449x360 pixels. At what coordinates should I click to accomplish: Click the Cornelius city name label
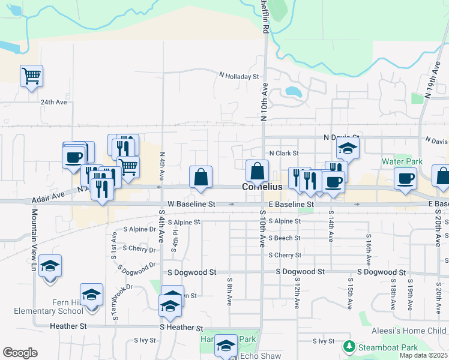262,187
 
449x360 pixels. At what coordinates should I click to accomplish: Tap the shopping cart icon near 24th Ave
31,76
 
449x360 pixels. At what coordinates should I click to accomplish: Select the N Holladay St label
239,76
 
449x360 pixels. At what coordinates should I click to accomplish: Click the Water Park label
402,161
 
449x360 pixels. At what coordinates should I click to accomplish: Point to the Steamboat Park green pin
348,347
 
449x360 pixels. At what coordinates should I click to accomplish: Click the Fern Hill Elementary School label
50,306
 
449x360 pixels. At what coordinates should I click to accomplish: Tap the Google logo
20,353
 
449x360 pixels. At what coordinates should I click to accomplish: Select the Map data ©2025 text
424,355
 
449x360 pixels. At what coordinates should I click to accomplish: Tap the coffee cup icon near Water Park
405,178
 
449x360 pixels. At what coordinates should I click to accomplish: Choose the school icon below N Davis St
348,148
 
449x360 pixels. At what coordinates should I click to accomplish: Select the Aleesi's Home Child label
412,331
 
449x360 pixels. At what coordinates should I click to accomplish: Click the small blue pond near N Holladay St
294,92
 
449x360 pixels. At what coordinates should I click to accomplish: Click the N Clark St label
283,153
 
